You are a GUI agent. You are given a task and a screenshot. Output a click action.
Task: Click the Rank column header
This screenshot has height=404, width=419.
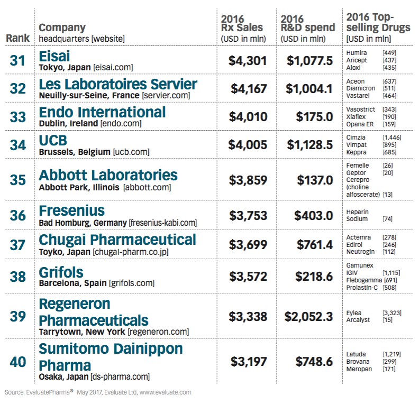coord(17,38)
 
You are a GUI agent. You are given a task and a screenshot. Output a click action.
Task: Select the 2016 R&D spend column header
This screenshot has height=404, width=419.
coord(307,27)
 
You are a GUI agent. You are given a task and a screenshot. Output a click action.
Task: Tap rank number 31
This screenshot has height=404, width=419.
coord(17,61)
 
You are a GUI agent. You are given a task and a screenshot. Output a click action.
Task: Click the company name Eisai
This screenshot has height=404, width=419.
coord(54,56)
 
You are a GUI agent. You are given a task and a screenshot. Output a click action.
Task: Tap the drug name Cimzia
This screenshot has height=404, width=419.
coord(355,136)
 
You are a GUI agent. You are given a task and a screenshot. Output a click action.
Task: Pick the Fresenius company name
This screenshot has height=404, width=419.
coord(72,211)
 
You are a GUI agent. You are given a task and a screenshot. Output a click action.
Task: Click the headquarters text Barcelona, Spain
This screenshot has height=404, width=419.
coord(72,283)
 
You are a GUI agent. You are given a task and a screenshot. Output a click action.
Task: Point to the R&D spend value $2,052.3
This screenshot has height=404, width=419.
coord(308,317)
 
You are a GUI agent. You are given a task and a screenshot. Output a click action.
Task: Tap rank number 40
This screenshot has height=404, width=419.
coord(17,362)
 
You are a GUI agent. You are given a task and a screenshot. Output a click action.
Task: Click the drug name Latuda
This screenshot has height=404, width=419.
coord(355,353)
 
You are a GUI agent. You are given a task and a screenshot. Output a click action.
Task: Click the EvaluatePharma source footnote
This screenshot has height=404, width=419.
coord(98,392)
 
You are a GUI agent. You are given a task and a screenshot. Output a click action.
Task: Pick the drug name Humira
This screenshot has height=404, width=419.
coord(356,53)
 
